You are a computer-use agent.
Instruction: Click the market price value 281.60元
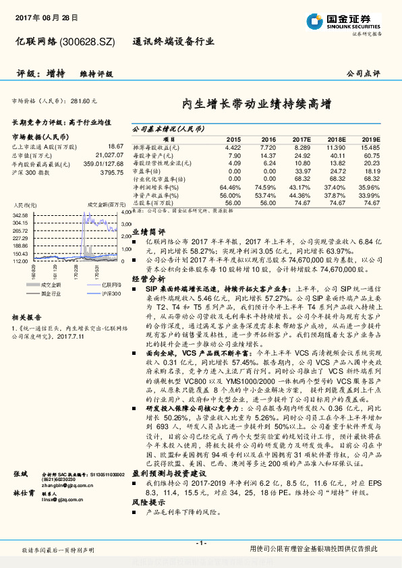tap(84, 101)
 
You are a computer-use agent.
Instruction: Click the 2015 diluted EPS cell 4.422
tap(232, 147)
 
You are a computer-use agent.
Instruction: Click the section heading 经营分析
tap(148, 279)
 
